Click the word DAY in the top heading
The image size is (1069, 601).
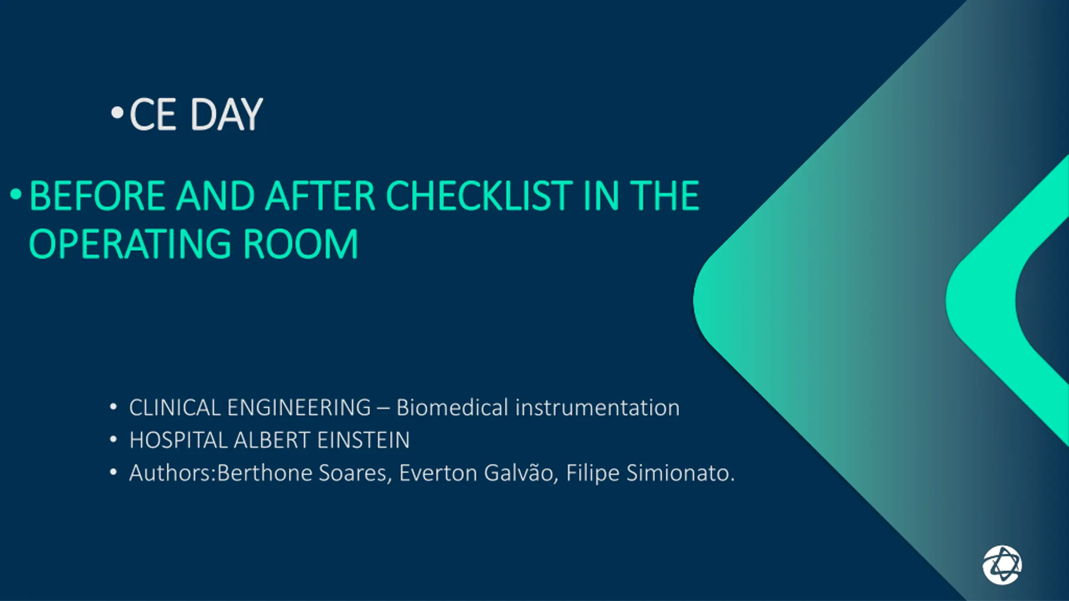coord(226,114)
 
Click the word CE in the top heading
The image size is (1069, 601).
coord(153,114)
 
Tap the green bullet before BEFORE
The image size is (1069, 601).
coord(15,194)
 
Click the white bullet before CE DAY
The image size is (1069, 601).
coord(117,112)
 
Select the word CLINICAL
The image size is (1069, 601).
coord(175,407)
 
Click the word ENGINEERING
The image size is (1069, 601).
coord(299,407)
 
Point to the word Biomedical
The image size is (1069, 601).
coord(452,407)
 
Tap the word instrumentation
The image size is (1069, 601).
coord(598,407)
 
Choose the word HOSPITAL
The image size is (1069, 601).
coord(178,440)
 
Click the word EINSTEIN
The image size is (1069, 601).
coord(363,440)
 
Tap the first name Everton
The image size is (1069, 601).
coord(438,473)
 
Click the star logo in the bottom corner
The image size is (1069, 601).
coord(1002,565)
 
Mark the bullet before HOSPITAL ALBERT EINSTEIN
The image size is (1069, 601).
coord(113,439)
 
